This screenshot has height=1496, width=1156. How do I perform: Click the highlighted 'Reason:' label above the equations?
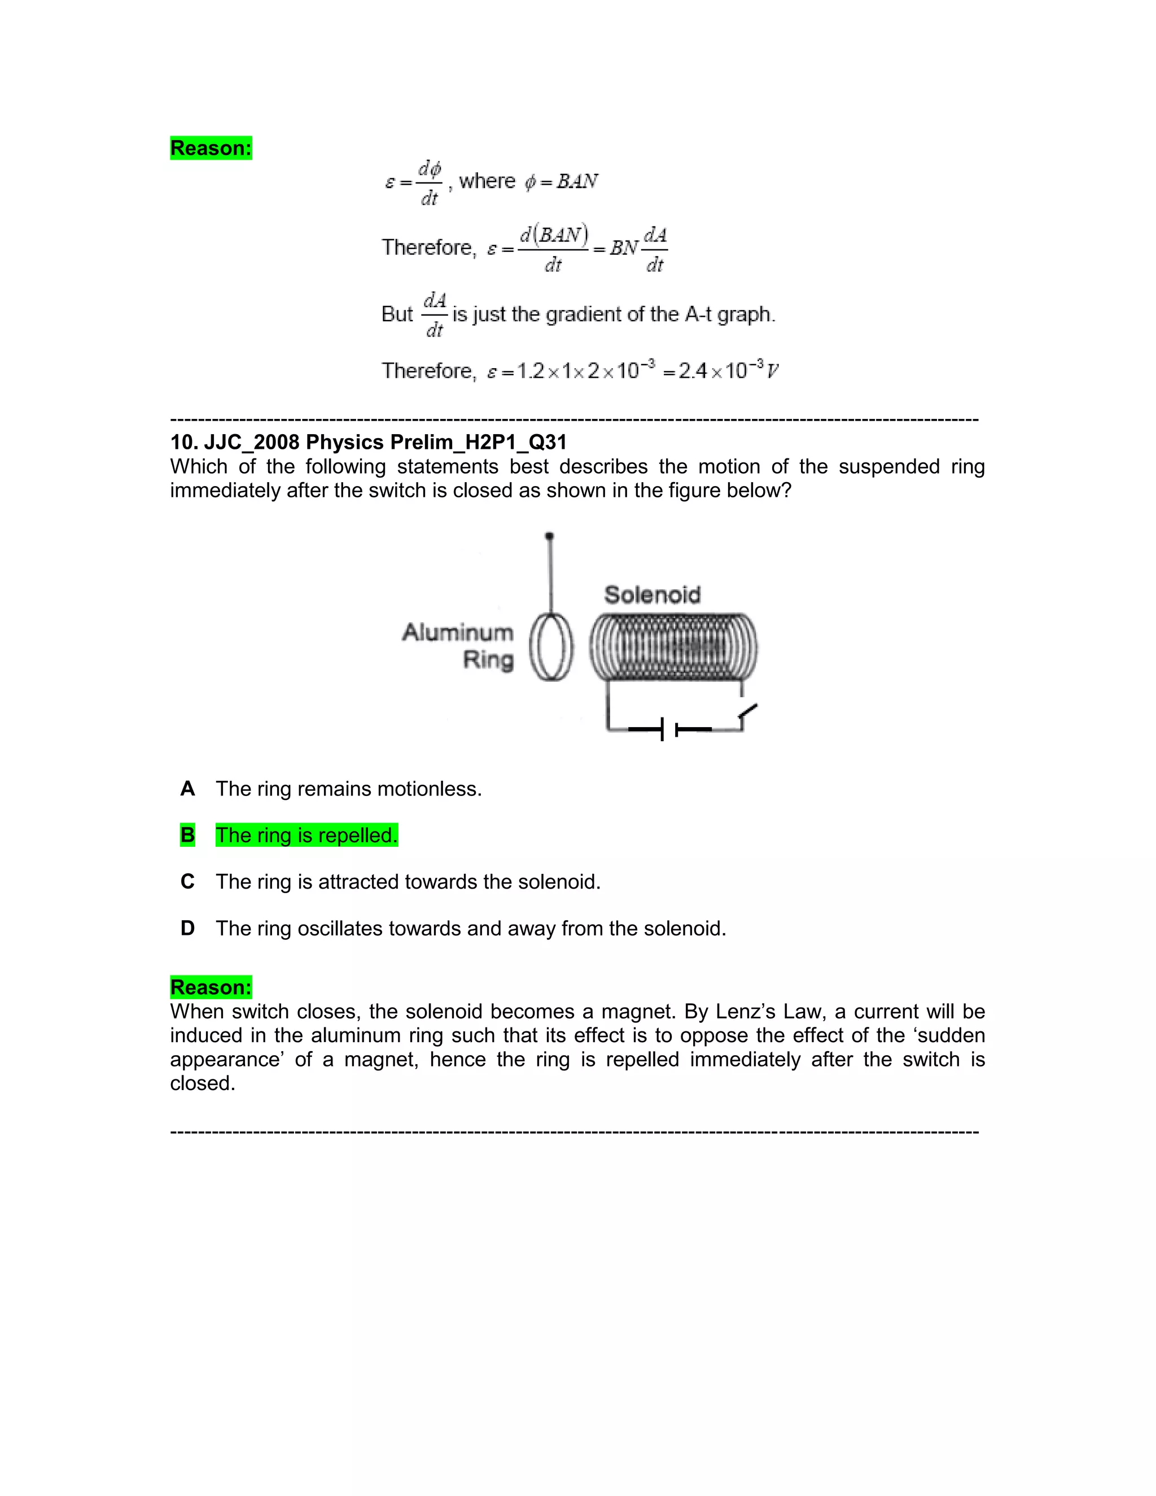[x=211, y=148]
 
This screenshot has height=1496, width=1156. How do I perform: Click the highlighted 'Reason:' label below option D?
[x=211, y=987]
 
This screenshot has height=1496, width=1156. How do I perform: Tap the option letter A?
[x=187, y=789]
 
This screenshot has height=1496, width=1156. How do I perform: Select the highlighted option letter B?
[x=187, y=836]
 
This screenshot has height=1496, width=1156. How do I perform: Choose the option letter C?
[x=187, y=882]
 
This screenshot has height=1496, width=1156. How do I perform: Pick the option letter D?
[x=187, y=928]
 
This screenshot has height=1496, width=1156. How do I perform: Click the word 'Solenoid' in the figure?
[x=652, y=594]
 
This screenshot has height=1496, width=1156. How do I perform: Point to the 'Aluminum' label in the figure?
[x=457, y=632]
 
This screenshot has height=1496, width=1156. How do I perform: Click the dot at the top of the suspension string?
[x=549, y=536]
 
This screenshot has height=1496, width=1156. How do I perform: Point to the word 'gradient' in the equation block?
[x=582, y=314]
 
